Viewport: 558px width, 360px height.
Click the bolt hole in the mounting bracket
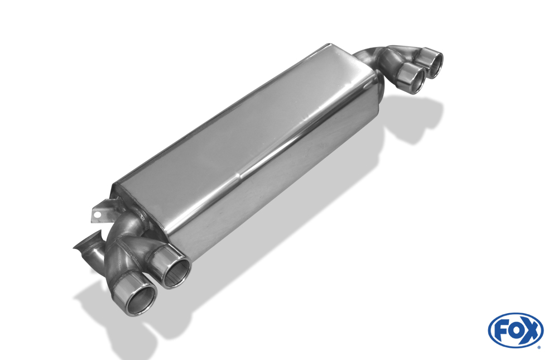(x=95, y=214)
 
